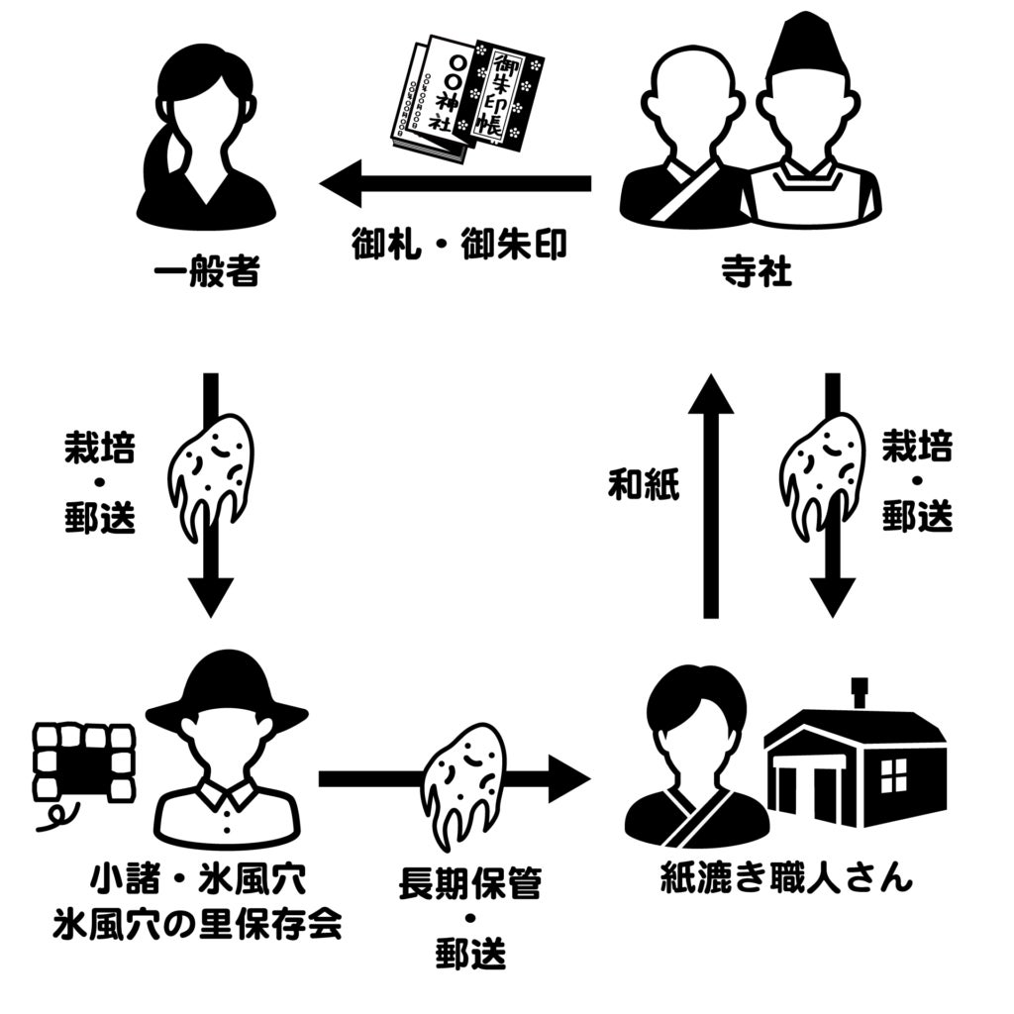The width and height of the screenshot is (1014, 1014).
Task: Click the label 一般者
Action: pos(207,273)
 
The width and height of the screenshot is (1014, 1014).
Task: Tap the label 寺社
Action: pos(756,273)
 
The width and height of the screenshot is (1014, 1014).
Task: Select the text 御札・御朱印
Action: pos(458,245)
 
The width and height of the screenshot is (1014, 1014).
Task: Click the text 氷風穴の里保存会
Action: pos(198,926)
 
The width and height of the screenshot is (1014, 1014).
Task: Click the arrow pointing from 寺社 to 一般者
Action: pos(456,184)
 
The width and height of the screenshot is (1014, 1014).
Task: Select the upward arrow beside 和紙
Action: pos(710,495)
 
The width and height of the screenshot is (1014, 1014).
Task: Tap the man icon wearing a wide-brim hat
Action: pos(227,745)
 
